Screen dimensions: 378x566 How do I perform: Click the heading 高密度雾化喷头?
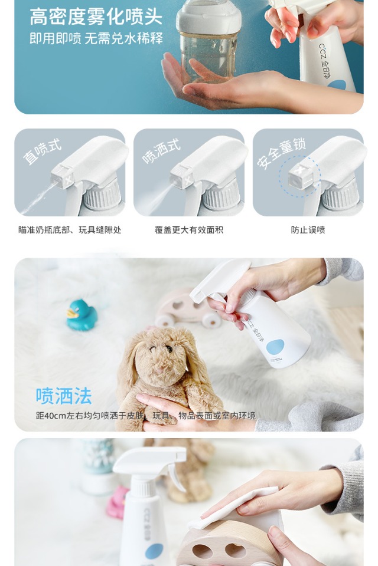point(96,17)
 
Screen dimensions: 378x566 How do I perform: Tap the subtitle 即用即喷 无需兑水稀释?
point(96,38)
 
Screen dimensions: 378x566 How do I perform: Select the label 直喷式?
point(43,152)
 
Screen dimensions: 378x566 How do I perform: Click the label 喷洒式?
point(161,152)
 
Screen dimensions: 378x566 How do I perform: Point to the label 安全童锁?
point(281,153)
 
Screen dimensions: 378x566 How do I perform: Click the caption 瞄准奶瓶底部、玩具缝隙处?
point(70,230)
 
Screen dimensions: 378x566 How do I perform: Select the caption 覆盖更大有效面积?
point(189,230)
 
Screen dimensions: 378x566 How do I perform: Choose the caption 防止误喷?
point(308,230)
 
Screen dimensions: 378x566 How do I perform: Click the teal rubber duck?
point(82,315)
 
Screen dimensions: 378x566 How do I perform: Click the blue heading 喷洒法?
point(64,396)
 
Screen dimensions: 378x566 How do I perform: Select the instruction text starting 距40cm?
point(145,416)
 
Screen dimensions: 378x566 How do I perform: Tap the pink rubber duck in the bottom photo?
point(117,502)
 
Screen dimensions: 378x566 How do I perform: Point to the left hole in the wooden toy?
point(201,551)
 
